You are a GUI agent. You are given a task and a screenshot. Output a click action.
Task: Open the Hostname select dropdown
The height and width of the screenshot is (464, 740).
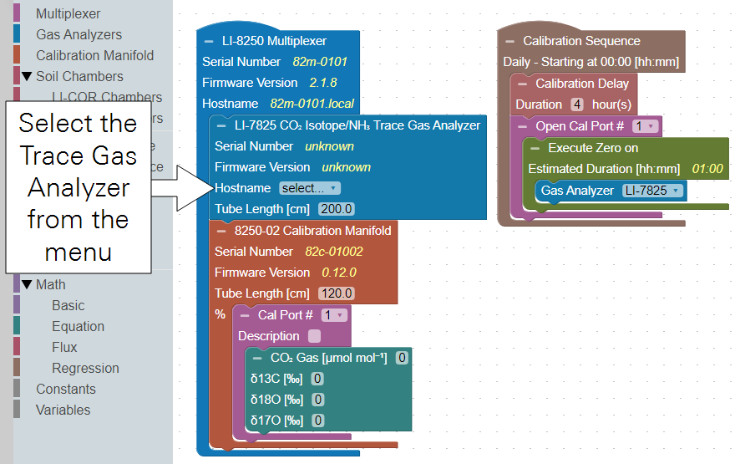pyautogui.click(x=310, y=188)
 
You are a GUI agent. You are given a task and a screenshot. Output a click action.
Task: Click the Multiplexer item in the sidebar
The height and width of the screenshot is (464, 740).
pyautogui.click(x=68, y=13)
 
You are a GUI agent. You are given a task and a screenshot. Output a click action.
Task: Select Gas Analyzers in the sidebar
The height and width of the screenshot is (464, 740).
pyautogui.click(x=79, y=34)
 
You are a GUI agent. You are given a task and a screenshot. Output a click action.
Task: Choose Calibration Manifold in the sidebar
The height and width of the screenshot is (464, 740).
pyautogui.click(x=94, y=55)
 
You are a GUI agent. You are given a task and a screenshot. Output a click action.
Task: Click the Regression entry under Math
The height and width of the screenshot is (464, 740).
pyautogui.click(x=85, y=368)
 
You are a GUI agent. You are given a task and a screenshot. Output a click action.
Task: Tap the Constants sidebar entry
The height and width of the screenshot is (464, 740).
pyautogui.click(x=65, y=389)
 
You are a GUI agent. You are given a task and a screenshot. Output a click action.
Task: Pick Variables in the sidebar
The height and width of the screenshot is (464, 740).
pyautogui.click(x=63, y=410)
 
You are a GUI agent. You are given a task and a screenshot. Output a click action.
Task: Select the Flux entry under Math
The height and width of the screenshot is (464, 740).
pyautogui.click(x=64, y=347)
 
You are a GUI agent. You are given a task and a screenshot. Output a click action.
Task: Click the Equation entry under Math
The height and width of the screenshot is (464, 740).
pyautogui.click(x=78, y=326)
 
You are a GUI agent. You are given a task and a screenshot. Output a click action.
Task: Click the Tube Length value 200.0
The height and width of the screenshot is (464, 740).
pyautogui.click(x=336, y=209)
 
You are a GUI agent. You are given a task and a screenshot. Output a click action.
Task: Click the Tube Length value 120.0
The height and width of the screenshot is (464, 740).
pyautogui.click(x=336, y=293)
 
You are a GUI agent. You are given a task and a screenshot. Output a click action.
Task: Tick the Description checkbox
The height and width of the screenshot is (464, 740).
pyautogui.click(x=314, y=336)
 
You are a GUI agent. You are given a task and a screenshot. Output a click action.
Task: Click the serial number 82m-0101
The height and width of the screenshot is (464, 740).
pyautogui.click(x=320, y=62)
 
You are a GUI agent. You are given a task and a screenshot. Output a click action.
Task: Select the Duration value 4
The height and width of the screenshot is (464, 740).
pyautogui.click(x=576, y=105)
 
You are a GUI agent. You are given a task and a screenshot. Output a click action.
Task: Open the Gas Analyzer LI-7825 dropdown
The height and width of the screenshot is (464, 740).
pyautogui.click(x=652, y=191)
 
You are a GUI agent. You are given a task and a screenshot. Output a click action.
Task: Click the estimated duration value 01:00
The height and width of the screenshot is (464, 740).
pyautogui.click(x=707, y=169)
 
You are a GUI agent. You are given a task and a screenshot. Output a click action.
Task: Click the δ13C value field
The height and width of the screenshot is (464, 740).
pyautogui.click(x=317, y=379)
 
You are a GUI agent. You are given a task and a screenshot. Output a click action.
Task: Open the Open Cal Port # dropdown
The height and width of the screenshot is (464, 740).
pyautogui.click(x=645, y=126)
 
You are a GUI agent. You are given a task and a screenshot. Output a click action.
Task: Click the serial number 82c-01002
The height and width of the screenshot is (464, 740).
pyautogui.click(x=333, y=252)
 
